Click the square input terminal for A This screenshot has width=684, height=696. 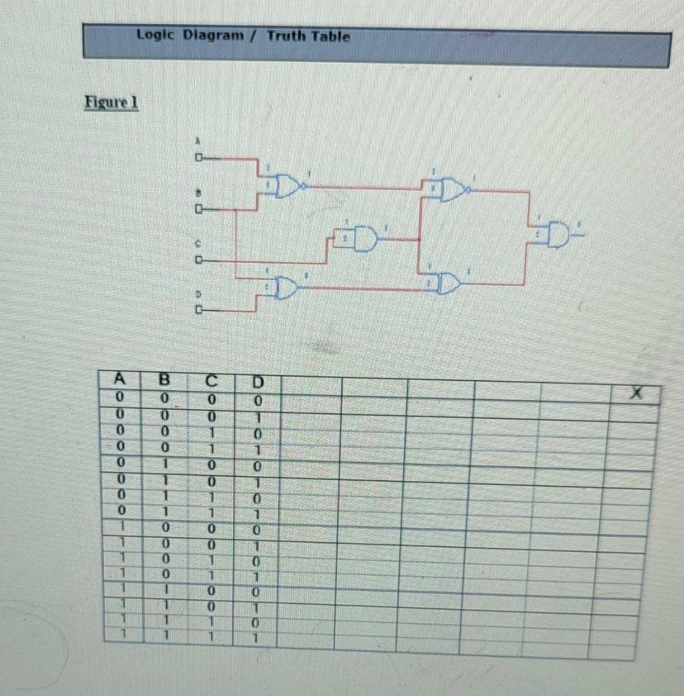tap(198, 156)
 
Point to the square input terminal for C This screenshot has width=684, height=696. tap(198, 260)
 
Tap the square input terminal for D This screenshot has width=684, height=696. tap(198, 310)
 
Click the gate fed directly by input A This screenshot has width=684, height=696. tap(288, 186)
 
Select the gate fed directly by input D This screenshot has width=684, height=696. tap(286, 288)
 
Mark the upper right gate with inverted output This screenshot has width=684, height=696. tap(452, 189)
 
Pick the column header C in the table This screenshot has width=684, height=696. tap(211, 381)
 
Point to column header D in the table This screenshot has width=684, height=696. tap(257, 383)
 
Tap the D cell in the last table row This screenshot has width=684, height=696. tap(256, 636)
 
